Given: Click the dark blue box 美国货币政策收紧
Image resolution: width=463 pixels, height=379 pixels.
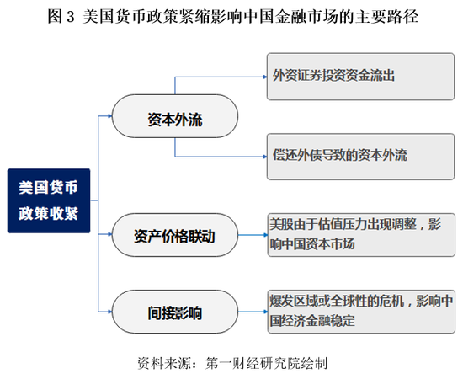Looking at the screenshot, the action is [49, 200].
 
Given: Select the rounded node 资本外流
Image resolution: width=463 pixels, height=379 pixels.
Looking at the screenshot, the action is [175, 116].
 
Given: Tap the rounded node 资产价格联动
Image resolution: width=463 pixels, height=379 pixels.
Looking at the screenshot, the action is [175, 235].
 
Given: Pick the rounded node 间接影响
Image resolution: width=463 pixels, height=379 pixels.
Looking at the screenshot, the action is [175, 312].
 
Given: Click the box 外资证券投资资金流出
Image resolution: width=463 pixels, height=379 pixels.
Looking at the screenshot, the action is [360, 77].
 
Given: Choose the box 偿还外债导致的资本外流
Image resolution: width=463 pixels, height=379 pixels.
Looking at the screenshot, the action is [360, 157].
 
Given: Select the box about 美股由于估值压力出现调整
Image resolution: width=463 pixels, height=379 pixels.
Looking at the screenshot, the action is [361, 235].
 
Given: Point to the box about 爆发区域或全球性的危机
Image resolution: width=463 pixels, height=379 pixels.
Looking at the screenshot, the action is [361, 312].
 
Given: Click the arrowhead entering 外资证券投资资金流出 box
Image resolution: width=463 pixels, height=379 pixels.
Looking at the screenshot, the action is [265, 77].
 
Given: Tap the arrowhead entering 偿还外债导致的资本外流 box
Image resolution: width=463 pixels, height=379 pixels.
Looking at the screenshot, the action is [265, 157].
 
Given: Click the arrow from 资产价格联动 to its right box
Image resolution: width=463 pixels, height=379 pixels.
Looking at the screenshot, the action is [253, 235].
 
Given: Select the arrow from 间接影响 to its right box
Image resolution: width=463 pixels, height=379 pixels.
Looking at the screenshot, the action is [253, 312].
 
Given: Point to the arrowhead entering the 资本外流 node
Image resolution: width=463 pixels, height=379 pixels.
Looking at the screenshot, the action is [110, 116].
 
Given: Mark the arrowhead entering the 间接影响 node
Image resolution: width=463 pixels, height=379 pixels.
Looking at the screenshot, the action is [110, 312].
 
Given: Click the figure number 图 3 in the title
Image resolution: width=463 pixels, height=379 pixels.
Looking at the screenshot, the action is [61, 16].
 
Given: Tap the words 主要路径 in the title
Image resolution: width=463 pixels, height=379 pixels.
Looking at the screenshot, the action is [386, 16].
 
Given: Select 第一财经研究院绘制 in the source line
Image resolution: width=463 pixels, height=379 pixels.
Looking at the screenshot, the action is [266, 363].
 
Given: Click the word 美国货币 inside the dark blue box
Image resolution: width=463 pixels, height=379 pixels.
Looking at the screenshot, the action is [49, 187].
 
